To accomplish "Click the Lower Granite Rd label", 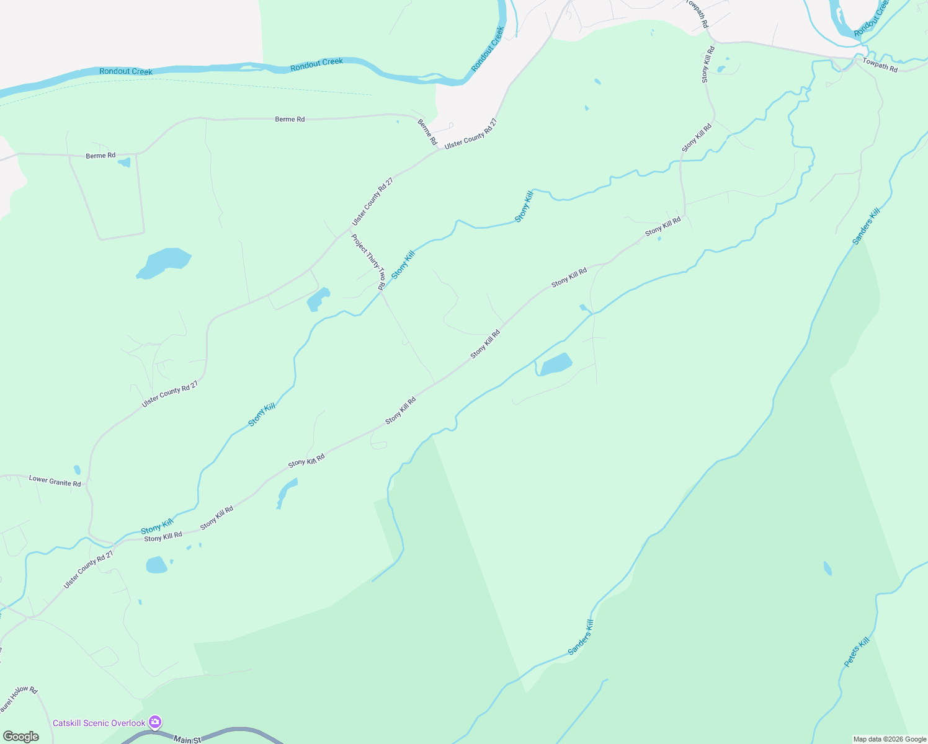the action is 55,480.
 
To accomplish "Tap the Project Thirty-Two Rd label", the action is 368,262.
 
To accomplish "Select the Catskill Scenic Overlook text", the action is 99,723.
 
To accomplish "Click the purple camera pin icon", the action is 155,722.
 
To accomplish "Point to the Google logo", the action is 20,737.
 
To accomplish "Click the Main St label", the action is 187,740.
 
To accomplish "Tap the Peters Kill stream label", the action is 857,652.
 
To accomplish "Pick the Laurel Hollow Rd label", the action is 19,699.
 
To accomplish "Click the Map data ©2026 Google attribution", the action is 890,739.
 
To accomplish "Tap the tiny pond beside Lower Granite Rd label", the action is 77,470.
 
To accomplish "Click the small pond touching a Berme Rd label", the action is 125,162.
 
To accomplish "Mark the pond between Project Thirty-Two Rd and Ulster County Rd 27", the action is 318,299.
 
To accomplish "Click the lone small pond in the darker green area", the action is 828,568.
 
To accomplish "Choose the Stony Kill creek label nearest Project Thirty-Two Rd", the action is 403,264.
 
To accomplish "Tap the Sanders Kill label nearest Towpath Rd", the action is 866,227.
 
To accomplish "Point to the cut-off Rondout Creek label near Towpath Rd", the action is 872,18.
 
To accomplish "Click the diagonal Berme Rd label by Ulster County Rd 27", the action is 427,132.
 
